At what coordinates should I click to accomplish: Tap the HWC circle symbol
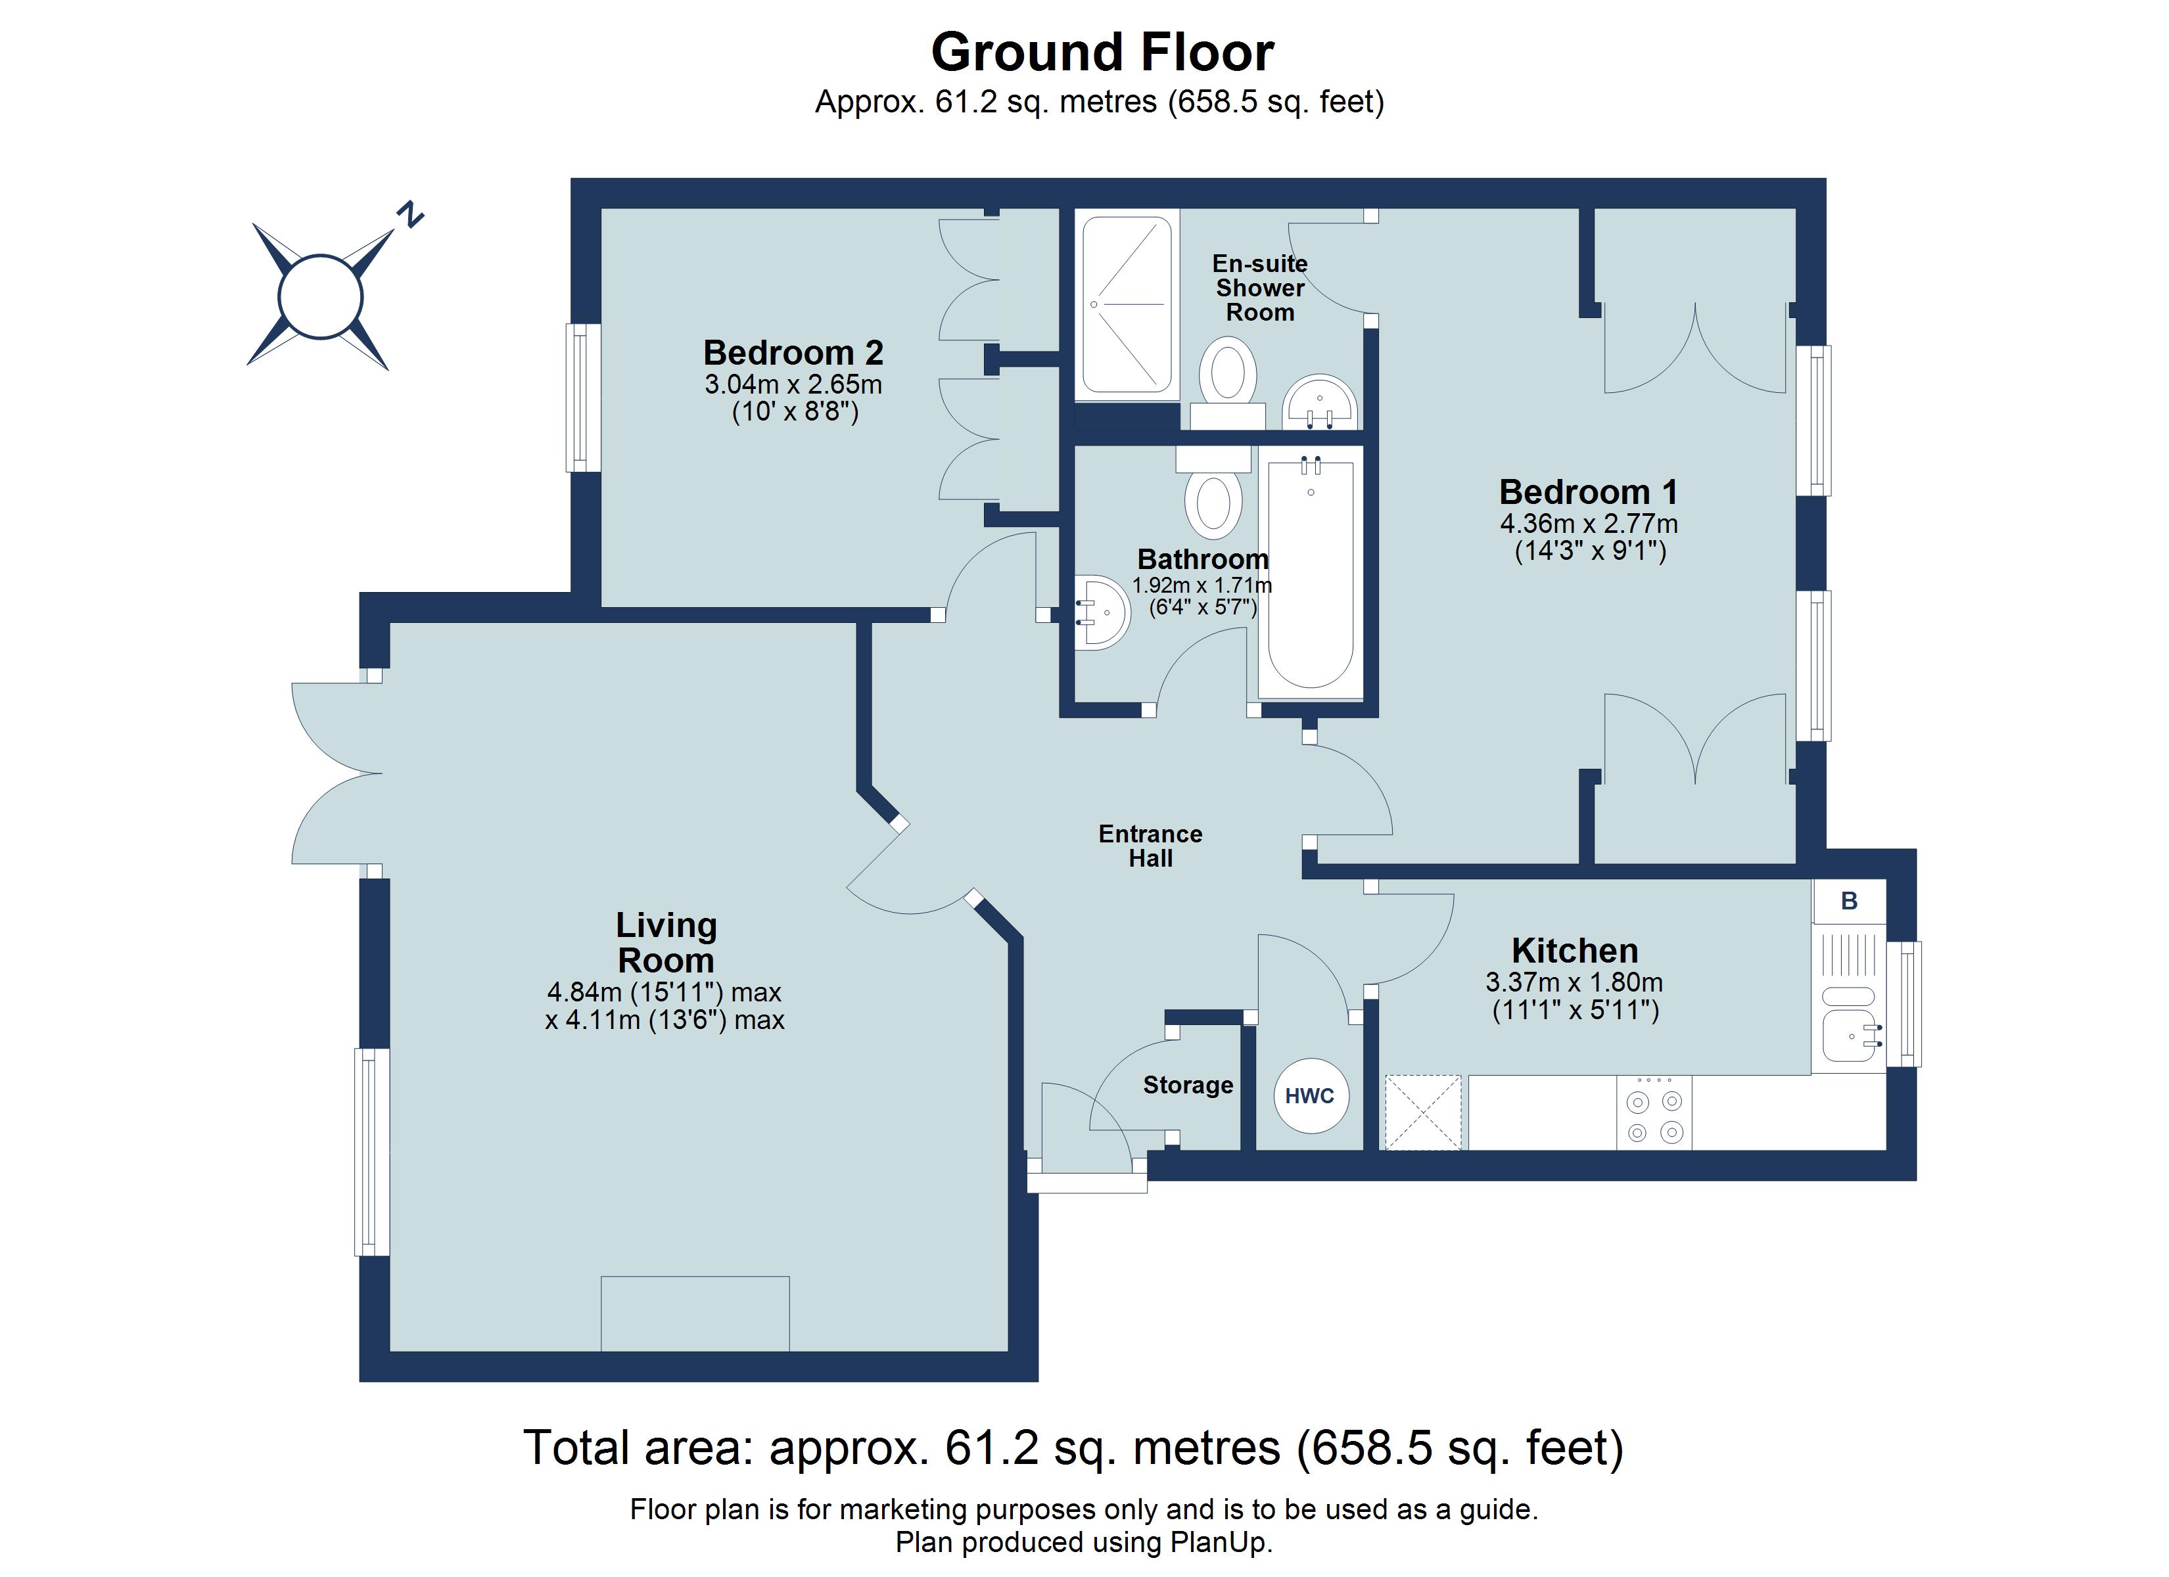[x=1310, y=1096]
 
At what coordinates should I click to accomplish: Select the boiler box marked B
[x=1849, y=901]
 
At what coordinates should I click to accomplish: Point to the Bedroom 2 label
[x=793, y=353]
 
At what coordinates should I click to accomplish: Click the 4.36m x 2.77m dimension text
[x=1589, y=524]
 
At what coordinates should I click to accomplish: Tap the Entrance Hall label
[x=1150, y=846]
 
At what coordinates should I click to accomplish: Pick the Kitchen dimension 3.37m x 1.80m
[x=1574, y=982]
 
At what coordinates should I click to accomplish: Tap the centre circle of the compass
[x=320, y=296]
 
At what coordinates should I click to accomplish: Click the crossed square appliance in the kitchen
[x=1423, y=1113]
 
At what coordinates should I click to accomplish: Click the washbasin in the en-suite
[x=1320, y=401]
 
